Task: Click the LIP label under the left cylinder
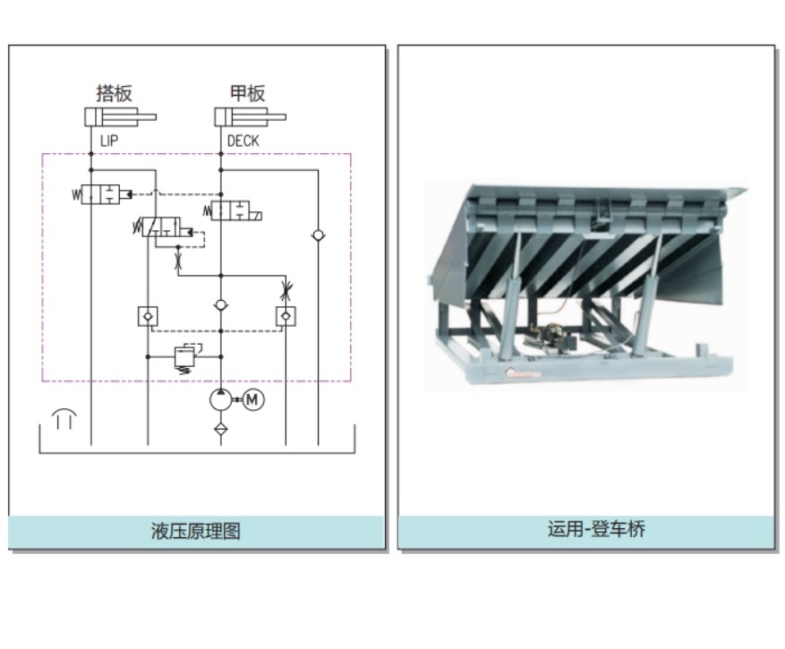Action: pos(108,141)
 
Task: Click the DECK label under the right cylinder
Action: pos(243,141)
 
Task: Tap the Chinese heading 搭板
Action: pos(114,93)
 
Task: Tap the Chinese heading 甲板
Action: pos(248,93)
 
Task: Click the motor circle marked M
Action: pos(252,400)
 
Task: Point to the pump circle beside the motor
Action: pos(221,400)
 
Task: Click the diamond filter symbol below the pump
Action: pos(221,429)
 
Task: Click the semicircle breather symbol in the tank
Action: pos(64,416)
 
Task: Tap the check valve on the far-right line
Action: pos(318,235)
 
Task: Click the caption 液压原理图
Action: pos(195,531)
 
